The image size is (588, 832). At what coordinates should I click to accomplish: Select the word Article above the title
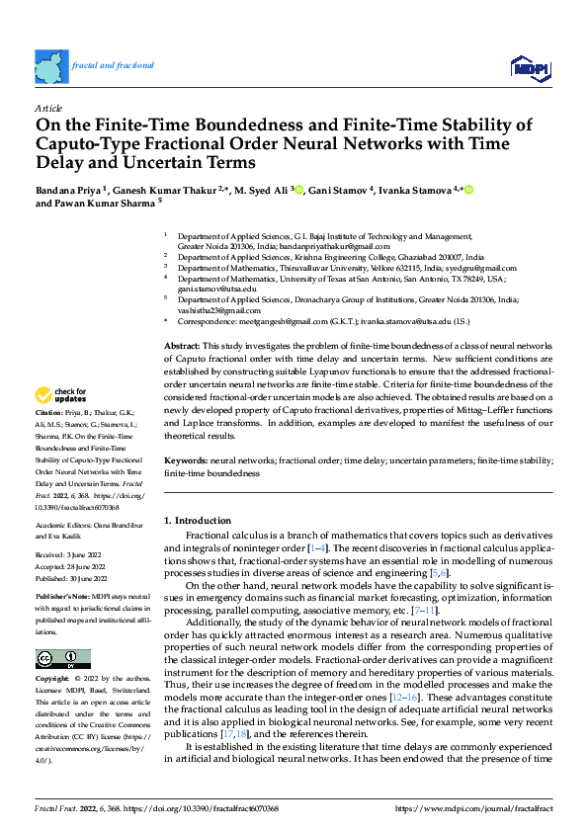click(47, 107)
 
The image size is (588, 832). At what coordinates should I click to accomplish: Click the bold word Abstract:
click(182, 345)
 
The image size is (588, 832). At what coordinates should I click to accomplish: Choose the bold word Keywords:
click(185, 461)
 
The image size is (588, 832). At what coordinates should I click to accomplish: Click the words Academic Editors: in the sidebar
click(63, 526)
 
